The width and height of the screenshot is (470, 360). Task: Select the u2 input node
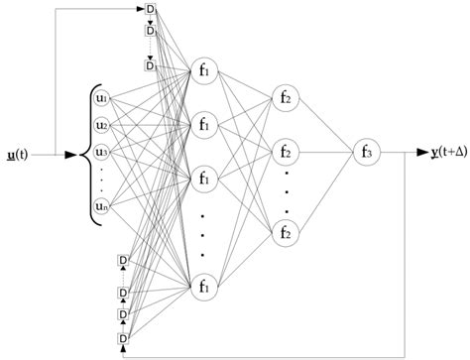tap(100, 125)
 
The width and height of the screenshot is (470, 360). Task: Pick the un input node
tap(100, 206)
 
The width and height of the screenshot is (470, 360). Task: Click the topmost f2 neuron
tap(285, 97)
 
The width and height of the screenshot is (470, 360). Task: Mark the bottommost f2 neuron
tap(285, 234)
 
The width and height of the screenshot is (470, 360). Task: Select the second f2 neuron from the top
tap(285, 153)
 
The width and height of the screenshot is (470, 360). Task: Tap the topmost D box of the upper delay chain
tap(151, 10)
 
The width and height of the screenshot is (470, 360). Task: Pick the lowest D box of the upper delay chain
tap(151, 66)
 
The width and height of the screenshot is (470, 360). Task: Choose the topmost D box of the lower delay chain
tap(124, 261)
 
